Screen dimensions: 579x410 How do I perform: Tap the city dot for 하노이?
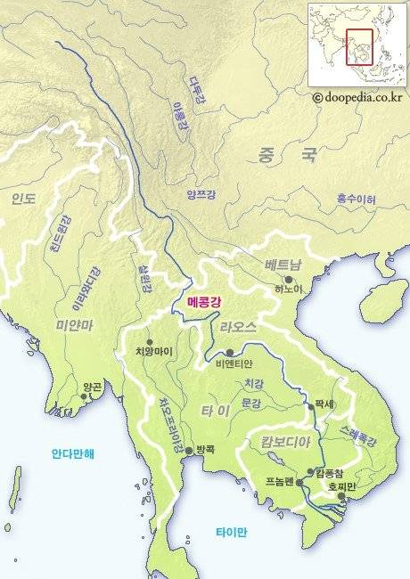[x=289, y=279]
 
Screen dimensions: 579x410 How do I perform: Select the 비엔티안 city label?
[x=234, y=363]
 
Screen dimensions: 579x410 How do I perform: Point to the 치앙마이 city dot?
[x=150, y=341]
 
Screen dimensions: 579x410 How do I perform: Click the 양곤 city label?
[x=92, y=387]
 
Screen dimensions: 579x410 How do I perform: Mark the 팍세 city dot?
[x=311, y=405]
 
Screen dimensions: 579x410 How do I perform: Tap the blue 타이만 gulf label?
[x=231, y=532]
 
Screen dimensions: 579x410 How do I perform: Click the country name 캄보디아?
[x=284, y=443]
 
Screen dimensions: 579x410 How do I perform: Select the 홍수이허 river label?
[x=356, y=198]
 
